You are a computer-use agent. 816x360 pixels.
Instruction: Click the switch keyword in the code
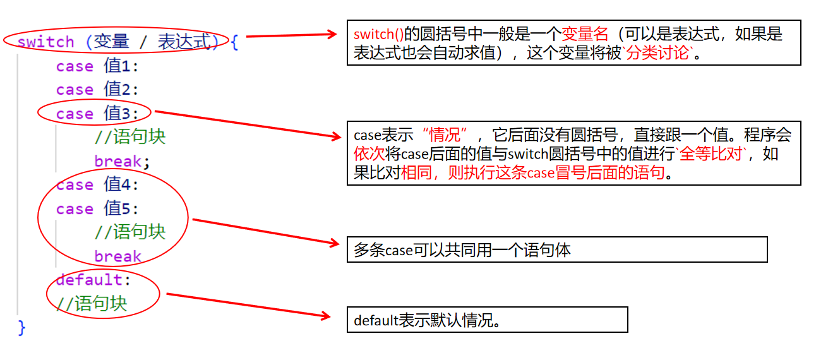(46, 42)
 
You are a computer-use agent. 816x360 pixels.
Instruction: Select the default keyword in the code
(89, 279)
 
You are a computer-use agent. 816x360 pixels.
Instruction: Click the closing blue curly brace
(21, 327)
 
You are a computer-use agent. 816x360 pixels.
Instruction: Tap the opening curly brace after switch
(234, 42)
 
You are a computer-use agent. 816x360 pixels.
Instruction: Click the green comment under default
(92, 304)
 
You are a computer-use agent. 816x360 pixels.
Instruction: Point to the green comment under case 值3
(130, 137)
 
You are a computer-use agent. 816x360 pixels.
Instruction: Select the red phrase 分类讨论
(663, 53)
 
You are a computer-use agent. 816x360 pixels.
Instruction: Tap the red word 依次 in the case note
(369, 153)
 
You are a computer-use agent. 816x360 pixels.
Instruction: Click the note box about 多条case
(556, 249)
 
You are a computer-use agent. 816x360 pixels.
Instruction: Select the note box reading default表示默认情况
(487, 320)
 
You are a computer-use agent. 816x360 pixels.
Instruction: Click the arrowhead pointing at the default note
(326, 315)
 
